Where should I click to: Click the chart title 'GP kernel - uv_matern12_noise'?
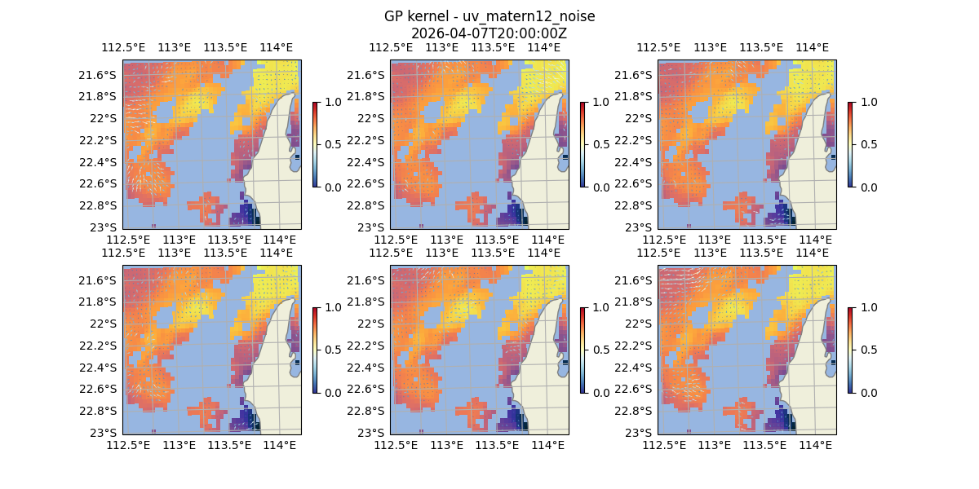(489, 16)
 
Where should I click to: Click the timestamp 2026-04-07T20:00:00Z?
(489, 33)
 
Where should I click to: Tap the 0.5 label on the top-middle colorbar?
(600, 144)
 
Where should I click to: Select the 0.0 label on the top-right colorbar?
(867, 187)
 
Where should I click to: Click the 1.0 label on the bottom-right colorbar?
(867, 307)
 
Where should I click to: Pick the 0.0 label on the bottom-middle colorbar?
(600, 392)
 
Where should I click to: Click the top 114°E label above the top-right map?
(812, 48)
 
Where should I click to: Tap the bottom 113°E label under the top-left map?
(179, 240)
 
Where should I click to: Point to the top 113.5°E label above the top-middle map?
(493, 48)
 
